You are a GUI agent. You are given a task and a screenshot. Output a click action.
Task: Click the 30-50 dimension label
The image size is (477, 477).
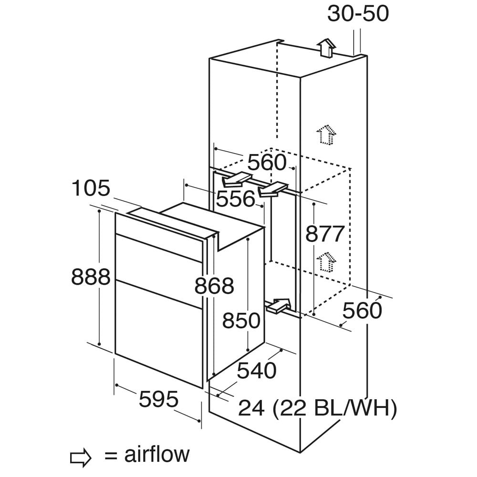pos(358,14)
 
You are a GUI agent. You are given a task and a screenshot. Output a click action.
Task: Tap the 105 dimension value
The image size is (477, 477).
pos(91,188)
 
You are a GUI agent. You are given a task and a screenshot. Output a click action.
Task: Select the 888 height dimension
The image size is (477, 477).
pos(91,277)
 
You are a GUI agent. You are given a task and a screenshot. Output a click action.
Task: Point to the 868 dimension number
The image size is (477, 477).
pos(214,286)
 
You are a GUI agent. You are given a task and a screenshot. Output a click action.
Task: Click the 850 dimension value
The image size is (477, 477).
pos(241,321)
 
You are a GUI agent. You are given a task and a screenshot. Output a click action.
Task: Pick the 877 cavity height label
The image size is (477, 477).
pos(325,234)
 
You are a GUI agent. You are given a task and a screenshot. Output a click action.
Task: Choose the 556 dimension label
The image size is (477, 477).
pos(236,199)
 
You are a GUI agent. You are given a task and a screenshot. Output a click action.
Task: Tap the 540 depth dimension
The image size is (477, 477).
pos(257,371)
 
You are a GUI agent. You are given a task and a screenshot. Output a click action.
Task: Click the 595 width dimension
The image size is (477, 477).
pos(159,399)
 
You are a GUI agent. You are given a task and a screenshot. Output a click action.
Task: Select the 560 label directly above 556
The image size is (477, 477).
pos(267,162)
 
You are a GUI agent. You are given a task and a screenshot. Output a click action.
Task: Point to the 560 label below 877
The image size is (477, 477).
pos(362,311)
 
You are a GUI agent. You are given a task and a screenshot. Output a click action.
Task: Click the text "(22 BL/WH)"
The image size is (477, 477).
pos(335,408)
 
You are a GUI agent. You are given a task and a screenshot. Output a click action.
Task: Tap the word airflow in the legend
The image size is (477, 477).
pos(156,454)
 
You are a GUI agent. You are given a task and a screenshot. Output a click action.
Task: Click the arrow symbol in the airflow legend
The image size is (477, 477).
pos(81,457)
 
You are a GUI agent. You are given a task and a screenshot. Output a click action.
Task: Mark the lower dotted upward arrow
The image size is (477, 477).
pos(326,261)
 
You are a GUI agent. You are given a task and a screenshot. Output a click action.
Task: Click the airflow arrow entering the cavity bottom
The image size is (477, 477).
pos(278,305)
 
